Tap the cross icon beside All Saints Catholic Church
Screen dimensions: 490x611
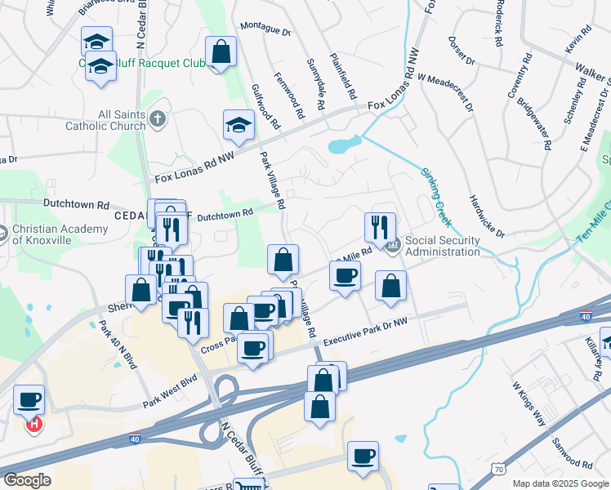pos(158,120)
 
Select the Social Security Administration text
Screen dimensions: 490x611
pos(442,246)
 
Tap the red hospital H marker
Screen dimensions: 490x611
pos(34,425)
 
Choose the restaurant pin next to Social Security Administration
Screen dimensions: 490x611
pos(380,226)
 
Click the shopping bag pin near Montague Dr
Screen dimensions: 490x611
pos(221,51)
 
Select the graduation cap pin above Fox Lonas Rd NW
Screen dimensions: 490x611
pos(239,124)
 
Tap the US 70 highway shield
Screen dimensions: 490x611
pos(497,467)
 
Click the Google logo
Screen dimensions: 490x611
pos(27,480)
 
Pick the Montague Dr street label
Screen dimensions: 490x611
pos(265,31)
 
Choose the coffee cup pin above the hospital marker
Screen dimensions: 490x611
pos(29,399)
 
